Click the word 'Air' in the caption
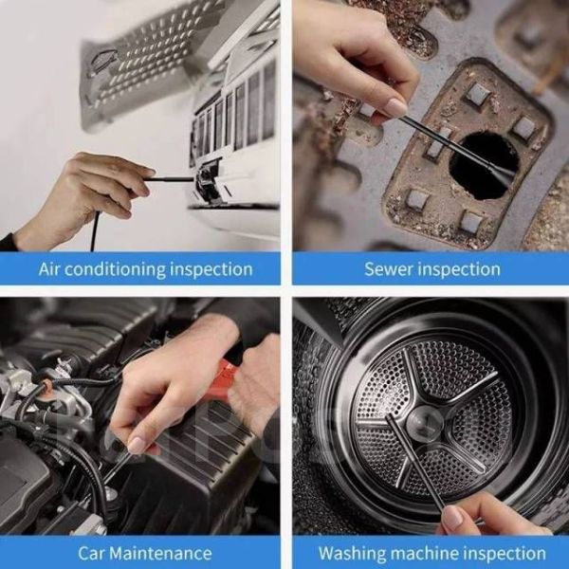[x=49, y=269]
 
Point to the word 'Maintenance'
[x=160, y=554]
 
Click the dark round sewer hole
[x=484, y=165]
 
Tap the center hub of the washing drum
[x=424, y=423]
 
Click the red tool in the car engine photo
[x=228, y=374]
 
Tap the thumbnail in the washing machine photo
[x=453, y=517]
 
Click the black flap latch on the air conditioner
[x=209, y=180]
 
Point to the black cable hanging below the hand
[x=94, y=231]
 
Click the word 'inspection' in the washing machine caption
[x=505, y=554]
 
